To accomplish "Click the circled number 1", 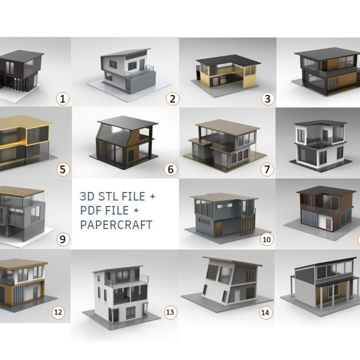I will (x=62, y=99).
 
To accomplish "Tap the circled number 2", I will (x=172, y=99).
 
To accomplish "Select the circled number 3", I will (x=268, y=99).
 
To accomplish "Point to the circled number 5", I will (x=63, y=170).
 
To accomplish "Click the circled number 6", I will (x=171, y=170).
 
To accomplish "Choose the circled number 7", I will (x=267, y=170).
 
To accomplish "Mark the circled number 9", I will (x=63, y=239).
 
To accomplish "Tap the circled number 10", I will (x=267, y=239).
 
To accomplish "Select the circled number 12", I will (x=58, y=312).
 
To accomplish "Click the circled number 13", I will (x=170, y=312).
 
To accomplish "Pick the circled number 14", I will (x=265, y=312).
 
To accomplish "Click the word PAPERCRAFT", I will (x=116, y=225).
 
